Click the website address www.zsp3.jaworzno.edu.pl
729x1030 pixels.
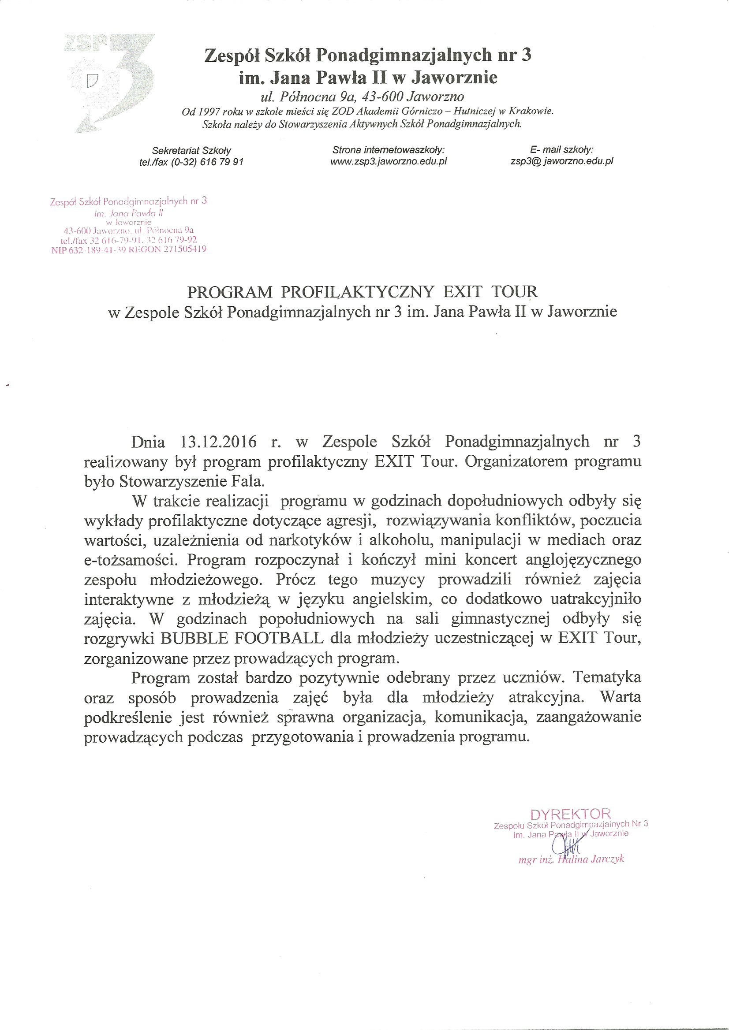point(389,161)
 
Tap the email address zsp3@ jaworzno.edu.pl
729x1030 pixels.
point(561,161)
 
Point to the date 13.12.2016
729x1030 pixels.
point(219,442)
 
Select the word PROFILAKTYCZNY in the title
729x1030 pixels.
point(357,292)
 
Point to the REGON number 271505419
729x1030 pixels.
point(185,249)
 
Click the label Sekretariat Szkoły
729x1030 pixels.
point(192,151)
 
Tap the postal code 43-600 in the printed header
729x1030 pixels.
point(381,97)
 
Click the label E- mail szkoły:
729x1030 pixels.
point(561,150)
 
